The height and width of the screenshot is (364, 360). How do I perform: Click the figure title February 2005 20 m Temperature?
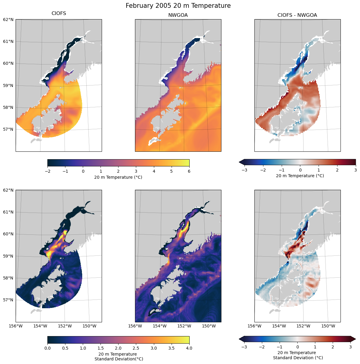click(x=178, y=6)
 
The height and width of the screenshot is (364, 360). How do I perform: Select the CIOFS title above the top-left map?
click(x=59, y=13)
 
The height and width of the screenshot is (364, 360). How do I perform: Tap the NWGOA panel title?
click(x=178, y=15)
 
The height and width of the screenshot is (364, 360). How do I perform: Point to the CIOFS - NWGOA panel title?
click(x=297, y=15)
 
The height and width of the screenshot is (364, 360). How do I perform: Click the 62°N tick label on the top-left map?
click(x=8, y=19)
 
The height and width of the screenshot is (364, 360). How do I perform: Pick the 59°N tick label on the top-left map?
click(x=8, y=85)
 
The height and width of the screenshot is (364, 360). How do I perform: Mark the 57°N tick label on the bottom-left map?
click(x=8, y=300)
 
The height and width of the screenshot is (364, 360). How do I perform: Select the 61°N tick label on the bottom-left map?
click(x=8, y=212)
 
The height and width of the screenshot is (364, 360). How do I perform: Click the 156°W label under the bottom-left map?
click(x=16, y=326)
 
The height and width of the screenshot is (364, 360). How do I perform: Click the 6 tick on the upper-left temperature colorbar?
click(x=189, y=171)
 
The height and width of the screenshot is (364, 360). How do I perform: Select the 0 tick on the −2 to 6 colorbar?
click(x=83, y=171)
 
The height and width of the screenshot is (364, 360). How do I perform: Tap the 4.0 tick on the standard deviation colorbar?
click(x=189, y=348)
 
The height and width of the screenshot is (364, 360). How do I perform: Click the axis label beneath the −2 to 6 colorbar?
click(x=118, y=177)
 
